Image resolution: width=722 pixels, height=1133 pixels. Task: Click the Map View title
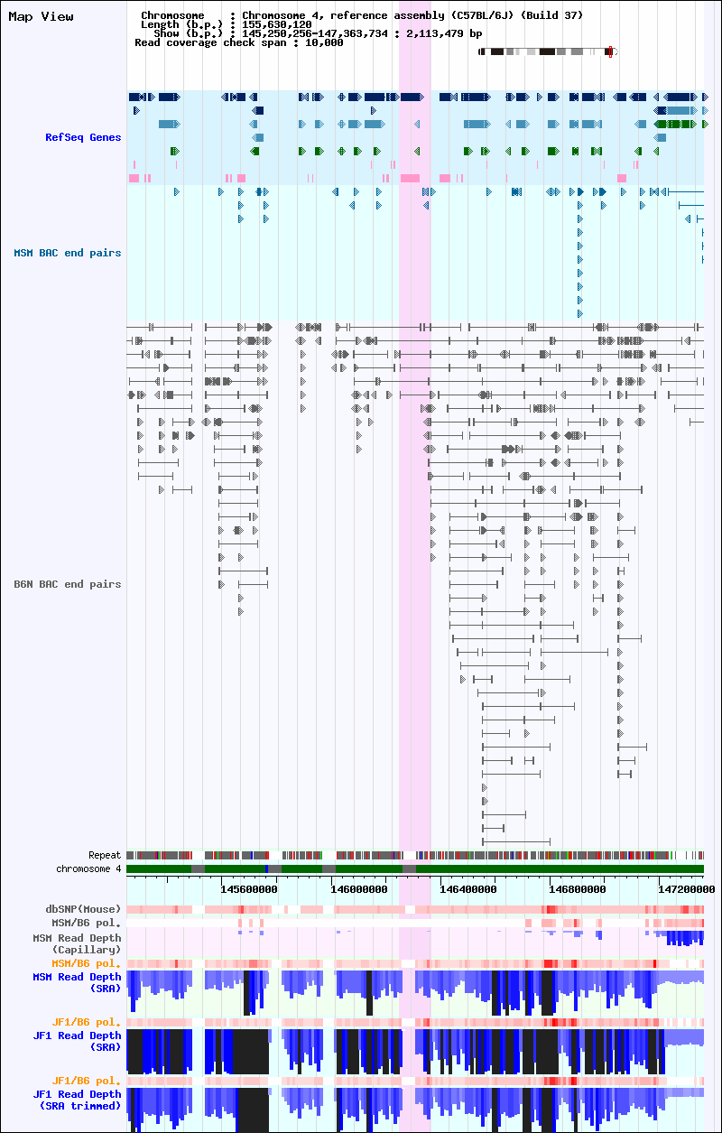41,16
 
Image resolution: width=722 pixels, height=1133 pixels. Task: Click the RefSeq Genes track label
83,137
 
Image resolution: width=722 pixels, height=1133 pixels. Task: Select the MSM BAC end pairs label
68,253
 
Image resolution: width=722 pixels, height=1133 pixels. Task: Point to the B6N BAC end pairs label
68,584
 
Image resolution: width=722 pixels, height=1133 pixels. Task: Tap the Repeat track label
105,855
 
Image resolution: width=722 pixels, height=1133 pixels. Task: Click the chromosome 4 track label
88,868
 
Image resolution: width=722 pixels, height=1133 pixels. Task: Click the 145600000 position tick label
249,888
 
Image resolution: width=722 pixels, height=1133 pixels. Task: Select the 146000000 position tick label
359,888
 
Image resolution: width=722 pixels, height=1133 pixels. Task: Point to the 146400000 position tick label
468,888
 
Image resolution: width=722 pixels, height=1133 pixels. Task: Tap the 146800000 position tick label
578,888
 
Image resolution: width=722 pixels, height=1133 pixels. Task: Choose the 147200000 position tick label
687,888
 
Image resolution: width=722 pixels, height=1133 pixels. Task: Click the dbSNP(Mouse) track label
83,909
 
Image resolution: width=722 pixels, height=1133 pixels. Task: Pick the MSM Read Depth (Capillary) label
77,943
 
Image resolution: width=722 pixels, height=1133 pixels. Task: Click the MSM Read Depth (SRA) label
77,982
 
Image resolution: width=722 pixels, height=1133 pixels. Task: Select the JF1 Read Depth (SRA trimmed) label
77,1100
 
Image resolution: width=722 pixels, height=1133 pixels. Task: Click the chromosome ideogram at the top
548,51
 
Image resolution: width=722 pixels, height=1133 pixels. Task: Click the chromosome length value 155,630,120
277,24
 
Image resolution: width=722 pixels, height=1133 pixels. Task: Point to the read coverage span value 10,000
324,42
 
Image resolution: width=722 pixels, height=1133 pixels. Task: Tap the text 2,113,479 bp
444,33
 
